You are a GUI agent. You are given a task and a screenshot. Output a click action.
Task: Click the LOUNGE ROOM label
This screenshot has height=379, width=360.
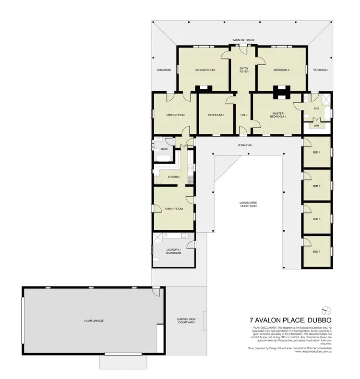pos(204,70)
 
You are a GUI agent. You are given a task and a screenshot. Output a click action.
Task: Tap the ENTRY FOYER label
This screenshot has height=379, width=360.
pos(244,70)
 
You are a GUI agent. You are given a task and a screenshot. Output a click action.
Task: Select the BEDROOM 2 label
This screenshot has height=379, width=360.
pos(282,70)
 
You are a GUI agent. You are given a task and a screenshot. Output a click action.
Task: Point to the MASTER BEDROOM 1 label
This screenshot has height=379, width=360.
pos(277,115)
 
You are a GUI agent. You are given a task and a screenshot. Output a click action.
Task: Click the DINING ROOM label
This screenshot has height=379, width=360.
pos(175,115)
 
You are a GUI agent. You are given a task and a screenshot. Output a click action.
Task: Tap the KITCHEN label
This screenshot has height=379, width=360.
pos(173,177)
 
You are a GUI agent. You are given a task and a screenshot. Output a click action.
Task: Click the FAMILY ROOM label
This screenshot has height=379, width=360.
pos(173,209)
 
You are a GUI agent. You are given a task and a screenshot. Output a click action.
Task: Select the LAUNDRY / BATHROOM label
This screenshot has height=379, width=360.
pos(174,251)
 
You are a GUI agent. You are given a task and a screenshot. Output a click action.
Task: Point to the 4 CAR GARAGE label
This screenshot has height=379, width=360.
pos(91,320)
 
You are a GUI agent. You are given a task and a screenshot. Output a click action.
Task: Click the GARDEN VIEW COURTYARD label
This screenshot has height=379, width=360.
pos(185,321)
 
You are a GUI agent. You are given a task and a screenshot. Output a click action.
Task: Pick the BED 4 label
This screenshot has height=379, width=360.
pos(316,153)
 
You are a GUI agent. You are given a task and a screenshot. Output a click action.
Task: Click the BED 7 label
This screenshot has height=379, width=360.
pos(316,252)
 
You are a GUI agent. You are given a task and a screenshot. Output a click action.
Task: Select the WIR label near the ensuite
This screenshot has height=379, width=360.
pos(316,126)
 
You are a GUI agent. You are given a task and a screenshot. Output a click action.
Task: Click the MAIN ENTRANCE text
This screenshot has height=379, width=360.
pos(244,40)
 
